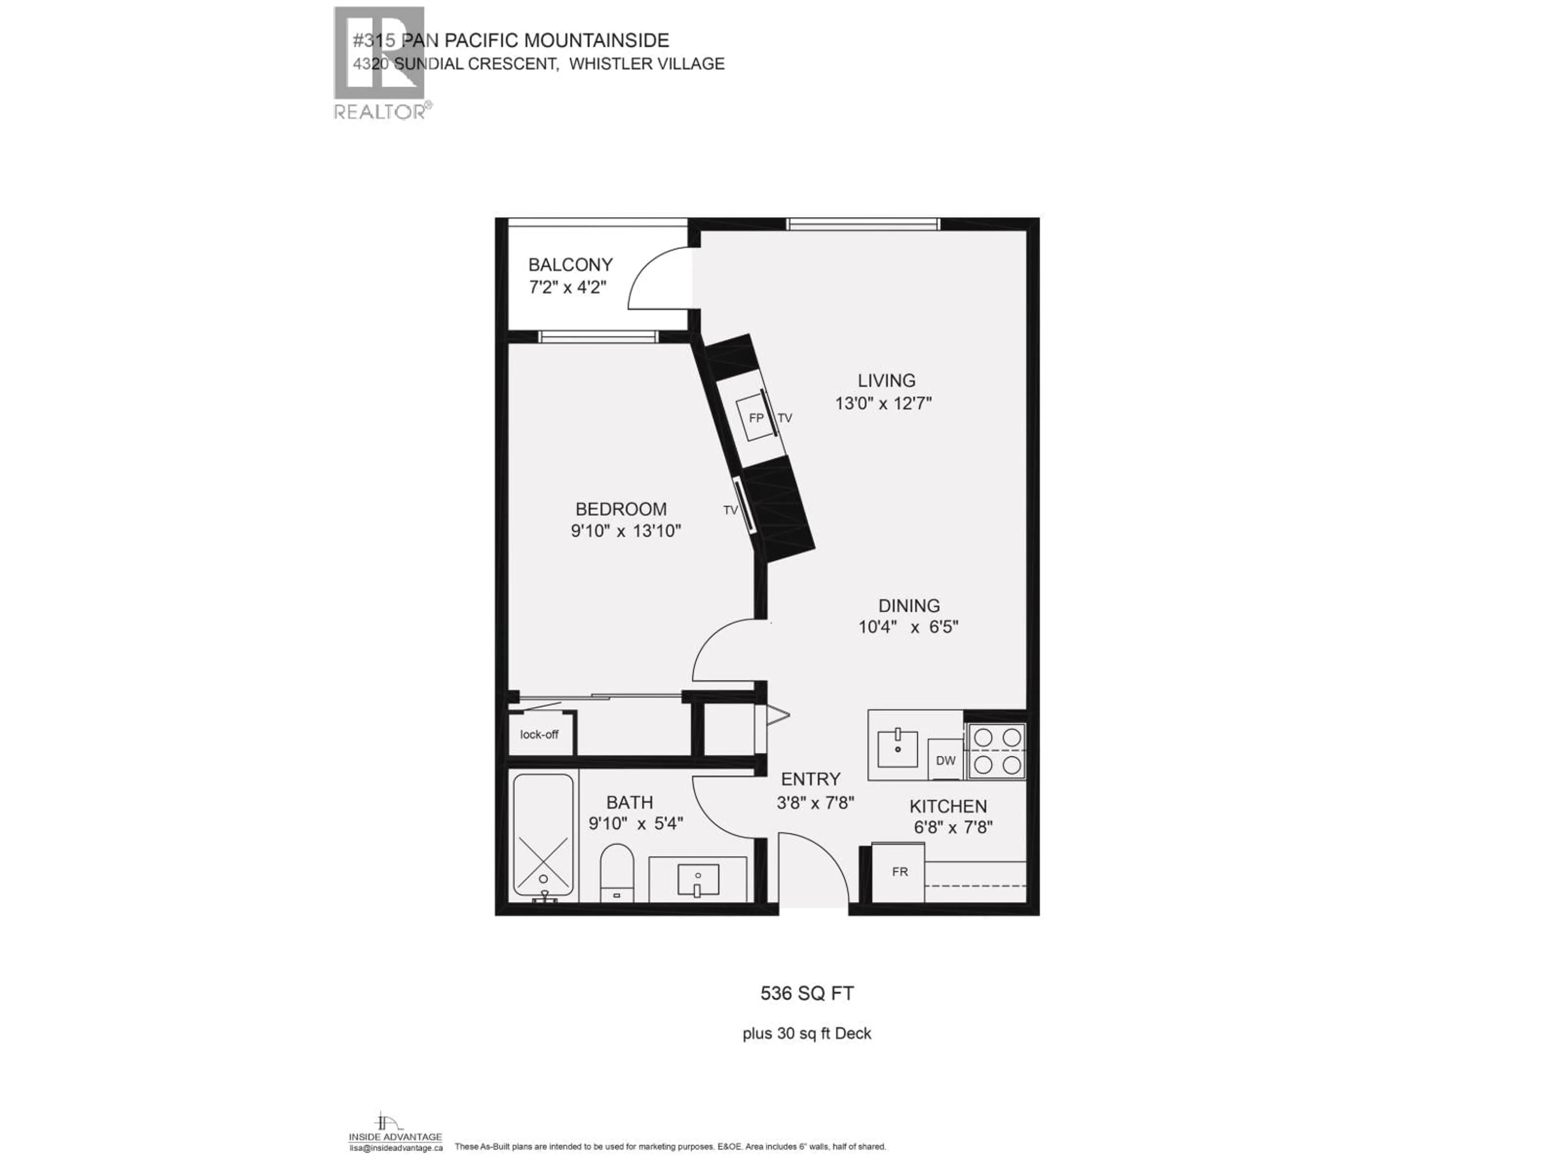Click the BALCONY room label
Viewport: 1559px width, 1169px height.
570,265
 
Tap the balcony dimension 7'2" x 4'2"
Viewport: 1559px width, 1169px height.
567,287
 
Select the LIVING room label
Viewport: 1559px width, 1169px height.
886,380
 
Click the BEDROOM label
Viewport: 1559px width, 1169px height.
620,509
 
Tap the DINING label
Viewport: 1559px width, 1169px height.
909,605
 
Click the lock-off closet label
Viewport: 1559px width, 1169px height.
539,734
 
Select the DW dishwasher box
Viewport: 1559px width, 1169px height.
945,760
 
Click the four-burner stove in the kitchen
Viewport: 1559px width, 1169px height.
997,751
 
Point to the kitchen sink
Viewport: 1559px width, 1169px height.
898,749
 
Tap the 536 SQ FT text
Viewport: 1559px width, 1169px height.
807,994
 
